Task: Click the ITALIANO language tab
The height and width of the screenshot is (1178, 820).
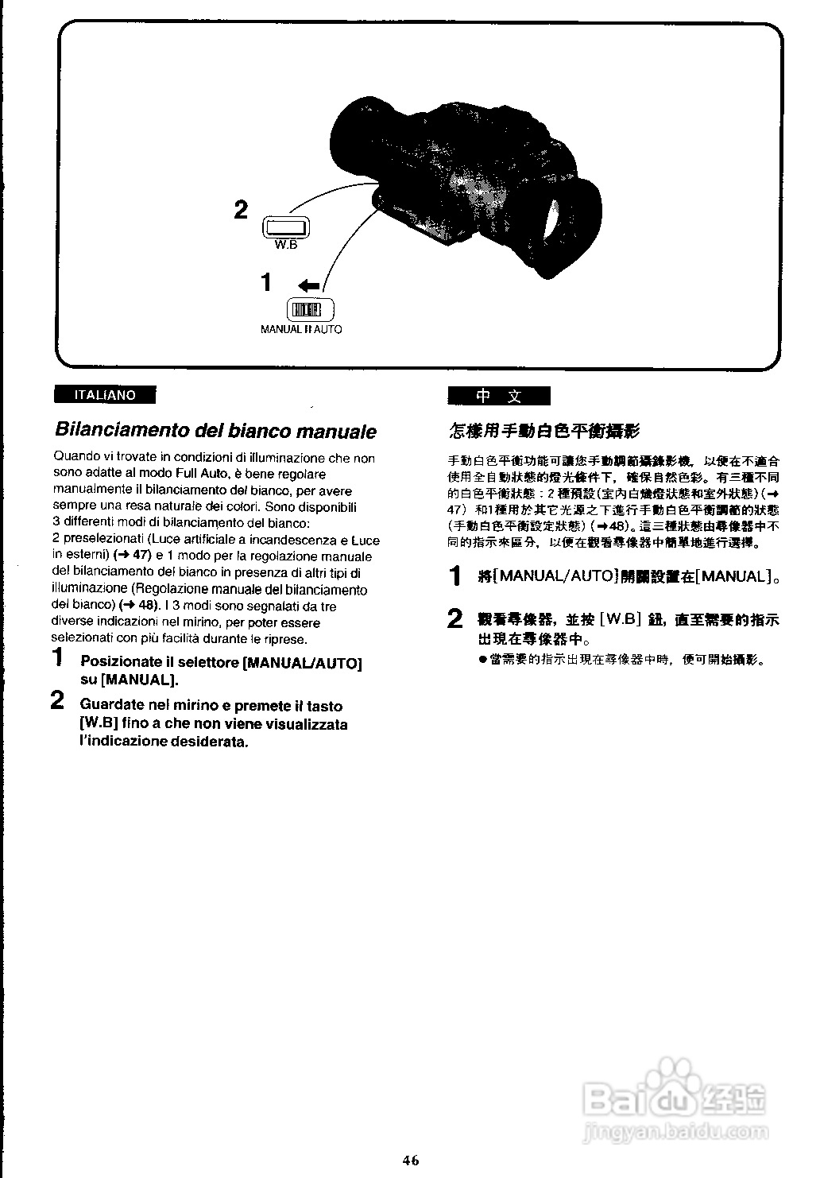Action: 104,395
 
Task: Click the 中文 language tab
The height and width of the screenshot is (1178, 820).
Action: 498,396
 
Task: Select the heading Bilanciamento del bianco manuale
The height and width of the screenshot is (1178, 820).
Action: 215,431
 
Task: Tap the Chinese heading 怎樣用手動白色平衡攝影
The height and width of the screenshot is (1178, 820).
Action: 544,431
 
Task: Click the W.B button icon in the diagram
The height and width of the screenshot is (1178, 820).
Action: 285,227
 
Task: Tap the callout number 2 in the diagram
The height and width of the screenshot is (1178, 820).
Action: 241,210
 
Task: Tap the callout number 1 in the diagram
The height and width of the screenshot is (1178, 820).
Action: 267,282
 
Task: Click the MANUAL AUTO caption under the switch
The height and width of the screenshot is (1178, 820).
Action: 301,329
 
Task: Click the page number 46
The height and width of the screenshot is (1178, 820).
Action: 410,1160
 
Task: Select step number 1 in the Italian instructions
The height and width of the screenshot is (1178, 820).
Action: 57,658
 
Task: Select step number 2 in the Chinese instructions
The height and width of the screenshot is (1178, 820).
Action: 454,618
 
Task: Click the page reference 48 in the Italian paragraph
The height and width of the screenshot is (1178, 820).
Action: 148,606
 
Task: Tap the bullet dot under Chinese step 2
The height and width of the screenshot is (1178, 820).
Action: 482,660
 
